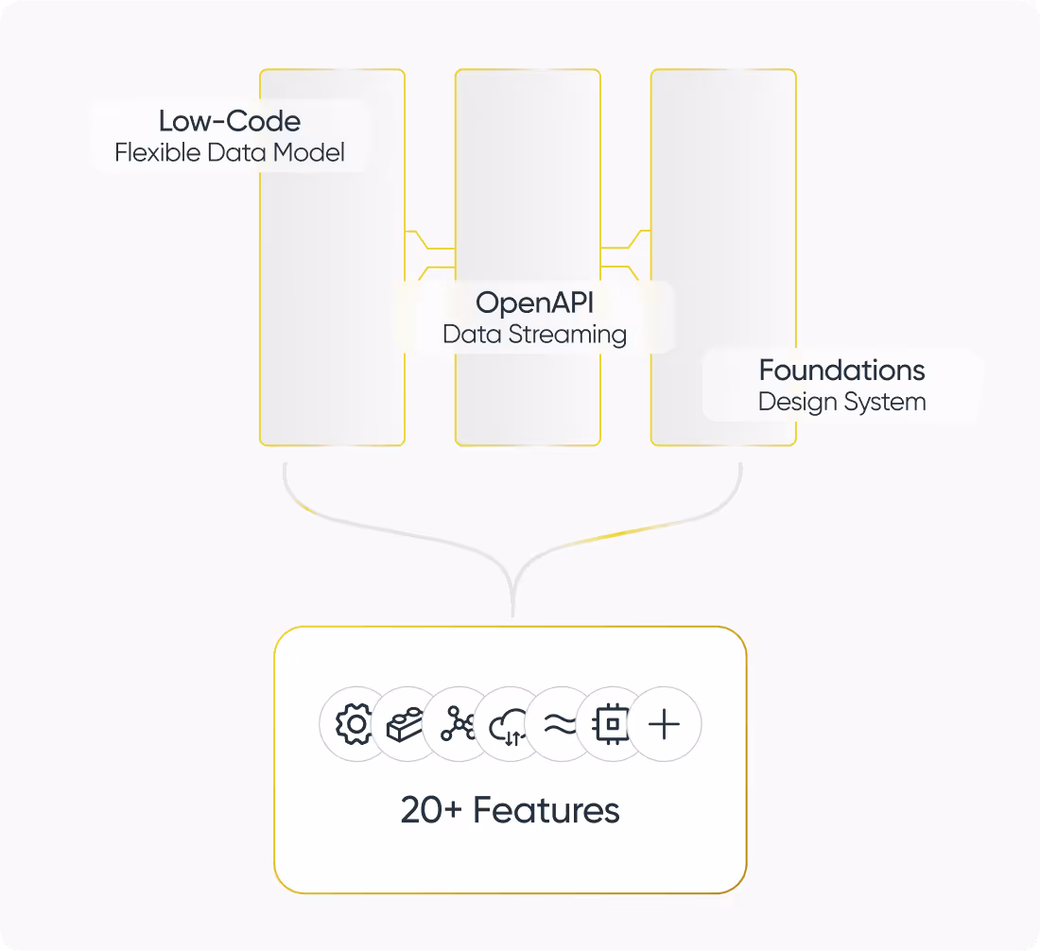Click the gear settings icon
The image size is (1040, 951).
tap(355, 725)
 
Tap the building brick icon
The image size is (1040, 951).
tap(404, 725)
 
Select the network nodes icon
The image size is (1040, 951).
tap(457, 725)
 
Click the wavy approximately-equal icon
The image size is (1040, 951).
tap(560, 725)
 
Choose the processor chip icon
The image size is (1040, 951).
tap(612, 725)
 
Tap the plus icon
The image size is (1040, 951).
tap(665, 725)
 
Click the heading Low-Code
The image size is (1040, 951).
tap(230, 121)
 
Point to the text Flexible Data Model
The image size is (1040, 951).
tap(230, 152)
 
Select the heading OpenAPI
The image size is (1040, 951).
tap(535, 303)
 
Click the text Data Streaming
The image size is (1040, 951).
tap(535, 334)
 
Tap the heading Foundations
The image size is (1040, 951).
tap(841, 370)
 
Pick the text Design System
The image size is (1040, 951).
tap(841, 402)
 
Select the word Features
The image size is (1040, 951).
tap(546, 810)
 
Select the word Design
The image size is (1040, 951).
tap(792, 402)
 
